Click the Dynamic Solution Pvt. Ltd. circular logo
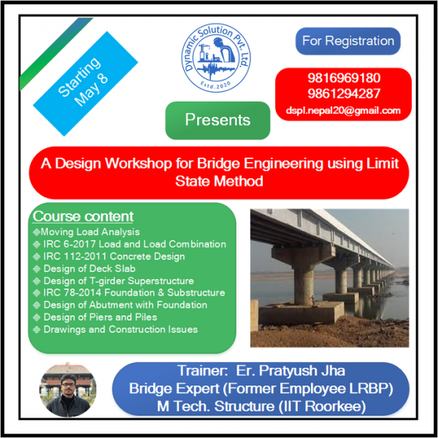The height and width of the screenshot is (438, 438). (x=216, y=58)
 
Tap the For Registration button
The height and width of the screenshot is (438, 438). (x=347, y=41)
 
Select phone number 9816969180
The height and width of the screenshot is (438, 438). (x=344, y=77)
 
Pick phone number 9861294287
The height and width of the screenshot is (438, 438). (x=344, y=93)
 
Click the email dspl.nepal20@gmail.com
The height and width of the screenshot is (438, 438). (x=343, y=111)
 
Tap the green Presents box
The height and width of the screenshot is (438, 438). (x=218, y=120)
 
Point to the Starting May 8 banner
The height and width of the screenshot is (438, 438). (x=85, y=83)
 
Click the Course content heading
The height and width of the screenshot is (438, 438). (x=83, y=217)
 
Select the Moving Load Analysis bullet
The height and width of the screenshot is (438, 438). (x=86, y=232)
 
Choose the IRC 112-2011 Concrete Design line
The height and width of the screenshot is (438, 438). (x=109, y=256)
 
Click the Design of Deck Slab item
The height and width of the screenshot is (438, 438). (x=84, y=269)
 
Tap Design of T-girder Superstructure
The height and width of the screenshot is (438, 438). (x=113, y=281)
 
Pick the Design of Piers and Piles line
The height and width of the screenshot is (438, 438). (x=95, y=318)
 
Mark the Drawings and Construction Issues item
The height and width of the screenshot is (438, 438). (x=115, y=330)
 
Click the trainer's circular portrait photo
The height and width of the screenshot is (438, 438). (x=68, y=390)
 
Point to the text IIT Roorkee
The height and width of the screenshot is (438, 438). (x=323, y=406)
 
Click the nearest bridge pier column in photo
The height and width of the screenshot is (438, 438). (x=304, y=282)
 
